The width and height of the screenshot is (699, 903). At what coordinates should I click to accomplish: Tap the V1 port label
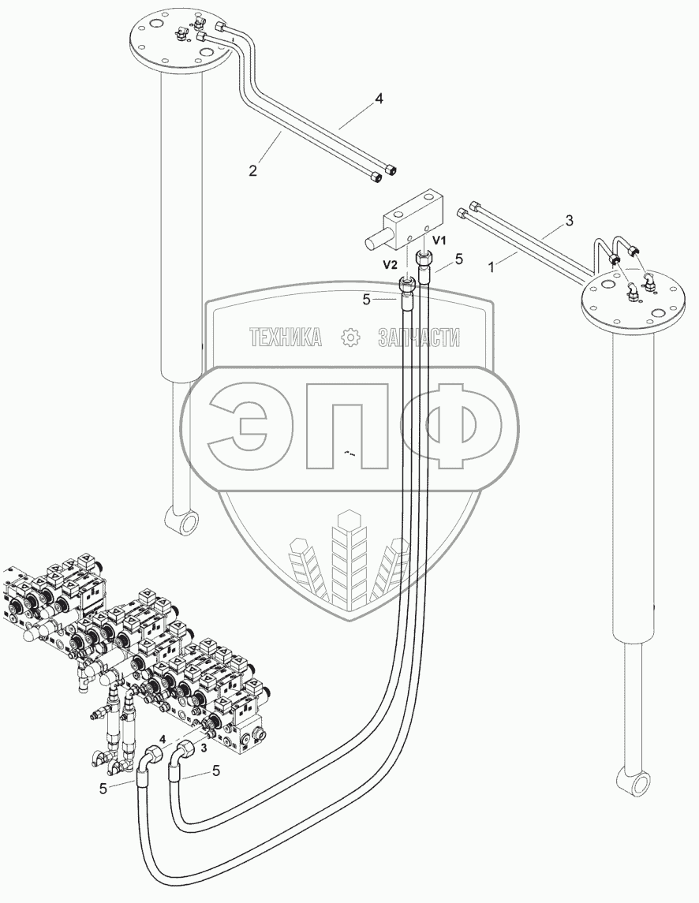point(439,239)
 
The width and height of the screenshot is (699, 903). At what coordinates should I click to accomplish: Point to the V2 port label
point(389,266)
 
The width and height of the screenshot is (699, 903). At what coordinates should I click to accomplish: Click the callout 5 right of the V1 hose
point(460,257)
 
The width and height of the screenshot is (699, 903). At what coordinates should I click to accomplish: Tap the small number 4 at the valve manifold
point(163,739)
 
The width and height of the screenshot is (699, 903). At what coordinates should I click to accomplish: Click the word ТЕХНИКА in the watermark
point(286,338)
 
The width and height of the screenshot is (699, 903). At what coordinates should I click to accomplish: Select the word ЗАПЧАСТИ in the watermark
point(418,338)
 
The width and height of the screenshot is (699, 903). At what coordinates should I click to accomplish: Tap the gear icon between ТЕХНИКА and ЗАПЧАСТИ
point(349,338)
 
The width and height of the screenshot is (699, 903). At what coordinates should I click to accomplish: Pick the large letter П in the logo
point(347,427)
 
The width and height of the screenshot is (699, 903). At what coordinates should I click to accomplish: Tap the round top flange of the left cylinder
point(182,42)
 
